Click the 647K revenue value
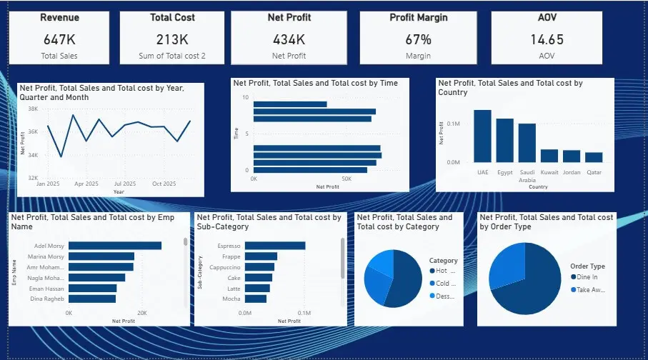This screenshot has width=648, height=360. pyautogui.click(x=59, y=39)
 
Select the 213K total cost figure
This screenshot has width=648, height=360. pyautogui.click(x=172, y=39)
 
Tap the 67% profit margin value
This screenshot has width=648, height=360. pyautogui.click(x=418, y=39)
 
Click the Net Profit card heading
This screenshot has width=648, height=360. pyautogui.click(x=289, y=17)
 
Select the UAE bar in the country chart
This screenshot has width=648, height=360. pyautogui.click(x=483, y=136)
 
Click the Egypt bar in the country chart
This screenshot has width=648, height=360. pyautogui.click(x=505, y=140)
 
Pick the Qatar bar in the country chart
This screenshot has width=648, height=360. pyautogui.click(x=594, y=157)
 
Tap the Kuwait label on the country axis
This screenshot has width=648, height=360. pyautogui.click(x=549, y=173)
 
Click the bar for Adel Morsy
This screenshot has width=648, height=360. pyautogui.click(x=115, y=245)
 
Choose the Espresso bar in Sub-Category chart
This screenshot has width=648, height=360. pyautogui.click(x=275, y=245)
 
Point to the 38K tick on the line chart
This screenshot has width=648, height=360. pyautogui.click(x=33, y=109)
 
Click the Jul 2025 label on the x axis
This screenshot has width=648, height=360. pyautogui.click(x=125, y=184)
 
